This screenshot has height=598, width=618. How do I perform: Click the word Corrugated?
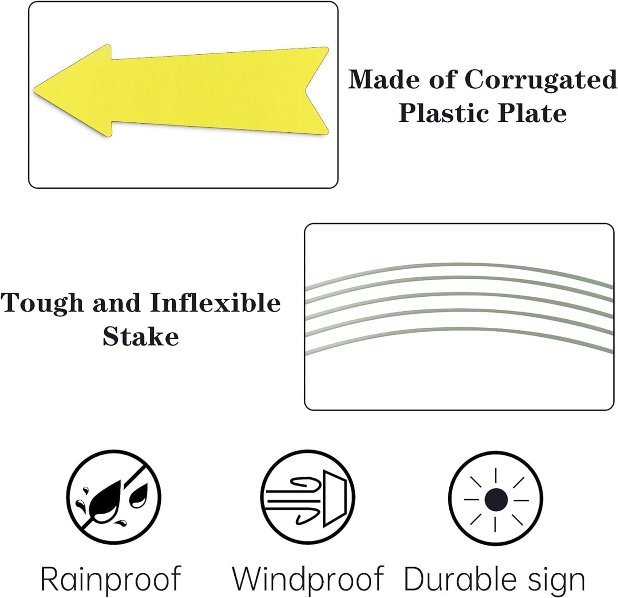pyautogui.click(x=541, y=80)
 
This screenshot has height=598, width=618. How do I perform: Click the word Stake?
pyautogui.click(x=141, y=336)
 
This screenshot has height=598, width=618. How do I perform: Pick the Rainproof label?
pyautogui.click(x=111, y=578)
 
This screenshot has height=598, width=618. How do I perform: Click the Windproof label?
pyautogui.click(x=308, y=578)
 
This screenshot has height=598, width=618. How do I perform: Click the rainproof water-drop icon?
pyautogui.click(x=114, y=498)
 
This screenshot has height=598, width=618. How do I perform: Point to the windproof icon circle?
pyautogui.click(x=308, y=498)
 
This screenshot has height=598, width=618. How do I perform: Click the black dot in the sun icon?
pyautogui.click(x=496, y=499)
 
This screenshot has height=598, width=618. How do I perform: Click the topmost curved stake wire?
pyautogui.click(x=459, y=266)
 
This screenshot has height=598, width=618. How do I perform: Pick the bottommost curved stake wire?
pyautogui.click(x=459, y=331)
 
